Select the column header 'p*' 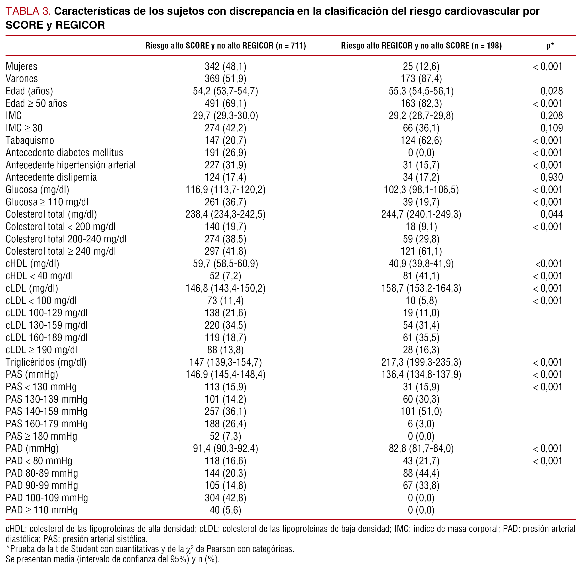point(550,46)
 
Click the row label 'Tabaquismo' point(30,140)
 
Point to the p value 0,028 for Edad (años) point(551,91)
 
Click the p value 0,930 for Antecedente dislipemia point(551,177)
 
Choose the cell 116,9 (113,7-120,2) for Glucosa point(225,190)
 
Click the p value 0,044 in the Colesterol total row point(551,214)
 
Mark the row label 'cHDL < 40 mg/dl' point(39,276)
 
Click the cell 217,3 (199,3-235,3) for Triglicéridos point(421,362)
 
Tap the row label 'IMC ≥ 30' point(24,128)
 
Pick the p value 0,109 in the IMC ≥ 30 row point(551,128)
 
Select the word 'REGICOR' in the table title point(80,25)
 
